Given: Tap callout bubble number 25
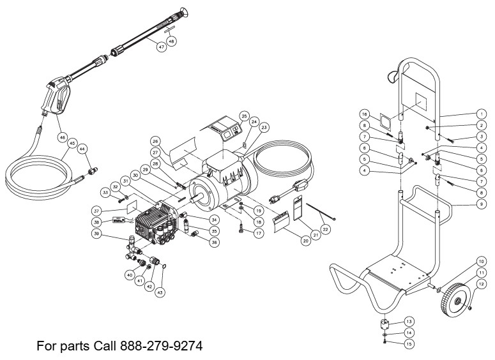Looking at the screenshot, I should [x=243, y=116].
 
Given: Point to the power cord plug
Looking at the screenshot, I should [x=300, y=189].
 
